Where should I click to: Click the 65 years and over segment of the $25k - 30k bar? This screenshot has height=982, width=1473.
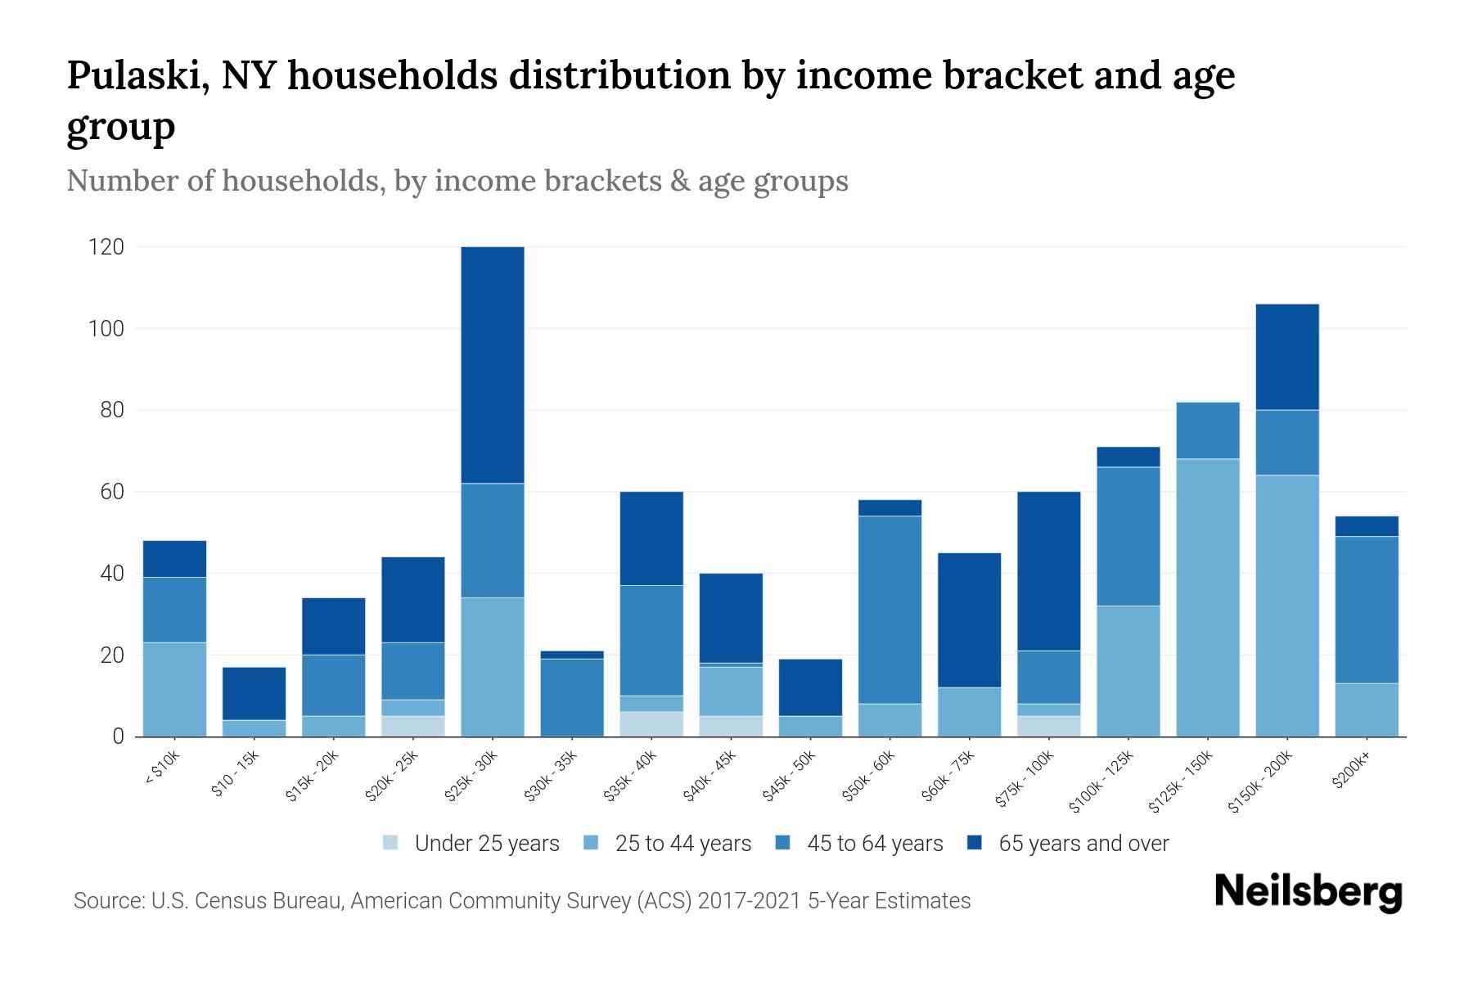click(493, 365)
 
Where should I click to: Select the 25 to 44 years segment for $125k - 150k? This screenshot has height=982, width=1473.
click(1208, 597)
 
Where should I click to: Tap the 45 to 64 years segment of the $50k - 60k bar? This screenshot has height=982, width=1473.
click(890, 610)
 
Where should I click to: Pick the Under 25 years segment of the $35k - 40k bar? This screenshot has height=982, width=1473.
click(651, 724)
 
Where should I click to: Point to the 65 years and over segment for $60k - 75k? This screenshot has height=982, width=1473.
click(969, 620)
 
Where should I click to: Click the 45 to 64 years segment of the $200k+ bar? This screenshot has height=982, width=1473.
click(1367, 610)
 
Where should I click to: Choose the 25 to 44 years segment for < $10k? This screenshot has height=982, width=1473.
click(174, 689)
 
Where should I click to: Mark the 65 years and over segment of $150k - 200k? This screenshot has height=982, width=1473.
click(1287, 357)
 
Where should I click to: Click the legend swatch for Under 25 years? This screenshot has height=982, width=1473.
click(391, 842)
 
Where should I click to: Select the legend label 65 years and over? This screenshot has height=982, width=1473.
click(1083, 843)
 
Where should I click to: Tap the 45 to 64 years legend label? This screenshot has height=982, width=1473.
click(875, 843)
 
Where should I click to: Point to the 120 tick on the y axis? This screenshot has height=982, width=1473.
click(106, 247)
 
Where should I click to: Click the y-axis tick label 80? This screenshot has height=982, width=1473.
click(112, 410)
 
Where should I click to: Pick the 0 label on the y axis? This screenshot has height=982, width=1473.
click(119, 736)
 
